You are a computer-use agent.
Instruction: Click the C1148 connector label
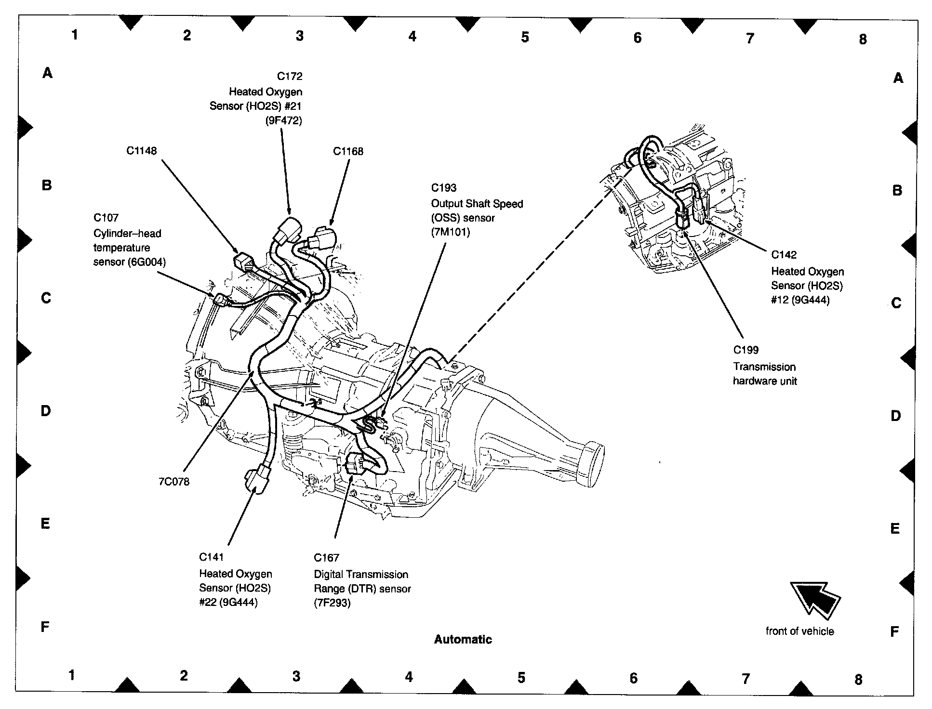[x=141, y=151]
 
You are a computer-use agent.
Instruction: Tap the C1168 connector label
[x=348, y=151]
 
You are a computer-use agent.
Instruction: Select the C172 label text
[x=290, y=76]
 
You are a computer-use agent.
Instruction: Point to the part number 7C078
[x=174, y=481]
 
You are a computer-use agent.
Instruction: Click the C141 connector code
[x=212, y=557]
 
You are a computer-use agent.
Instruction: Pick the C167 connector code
[x=326, y=557]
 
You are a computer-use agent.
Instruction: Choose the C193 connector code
[x=443, y=188]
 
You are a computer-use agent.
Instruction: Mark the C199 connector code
[x=746, y=350]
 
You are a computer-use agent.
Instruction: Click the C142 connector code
[x=784, y=254]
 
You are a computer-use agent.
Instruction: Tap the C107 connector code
[x=106, y=218]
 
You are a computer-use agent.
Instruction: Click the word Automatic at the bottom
[x=463, y=639]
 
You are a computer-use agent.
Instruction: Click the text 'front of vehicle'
[x=799, y=631]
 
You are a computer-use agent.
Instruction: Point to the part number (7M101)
[x=450, y=232]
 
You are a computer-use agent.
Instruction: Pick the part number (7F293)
[x=332, y=603]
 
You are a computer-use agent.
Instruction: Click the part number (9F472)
[x=283, y=120]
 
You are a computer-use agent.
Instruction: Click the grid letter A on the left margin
[x=47, y=73]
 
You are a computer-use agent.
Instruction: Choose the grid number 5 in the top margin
[x=525, y=37]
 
